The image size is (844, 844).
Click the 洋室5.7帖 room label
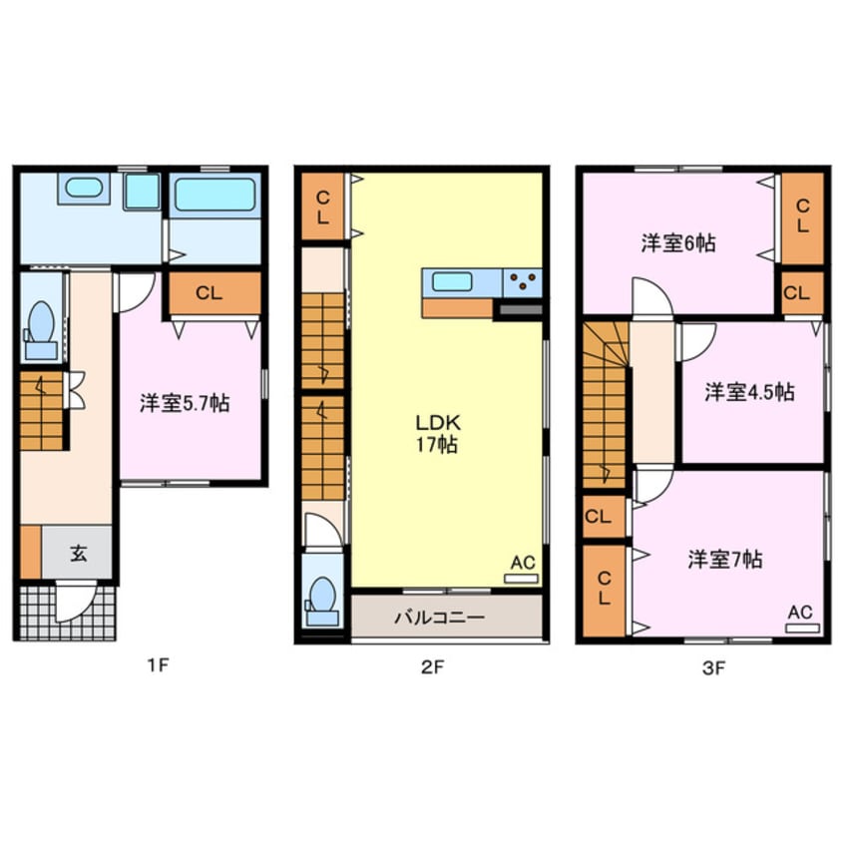pos(185,403)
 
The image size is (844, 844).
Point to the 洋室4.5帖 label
pos(749,392)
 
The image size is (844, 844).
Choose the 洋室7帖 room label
pos(724,560)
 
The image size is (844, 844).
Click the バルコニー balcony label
pos(439,618)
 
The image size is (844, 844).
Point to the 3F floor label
pos(712,668)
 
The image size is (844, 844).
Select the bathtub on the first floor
pos(213,194)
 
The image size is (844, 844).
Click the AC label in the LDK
pos(522,564)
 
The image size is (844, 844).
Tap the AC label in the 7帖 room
pos(800,613)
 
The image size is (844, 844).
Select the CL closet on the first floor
pos(208,293)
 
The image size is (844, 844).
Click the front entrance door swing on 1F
pos(76,603)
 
